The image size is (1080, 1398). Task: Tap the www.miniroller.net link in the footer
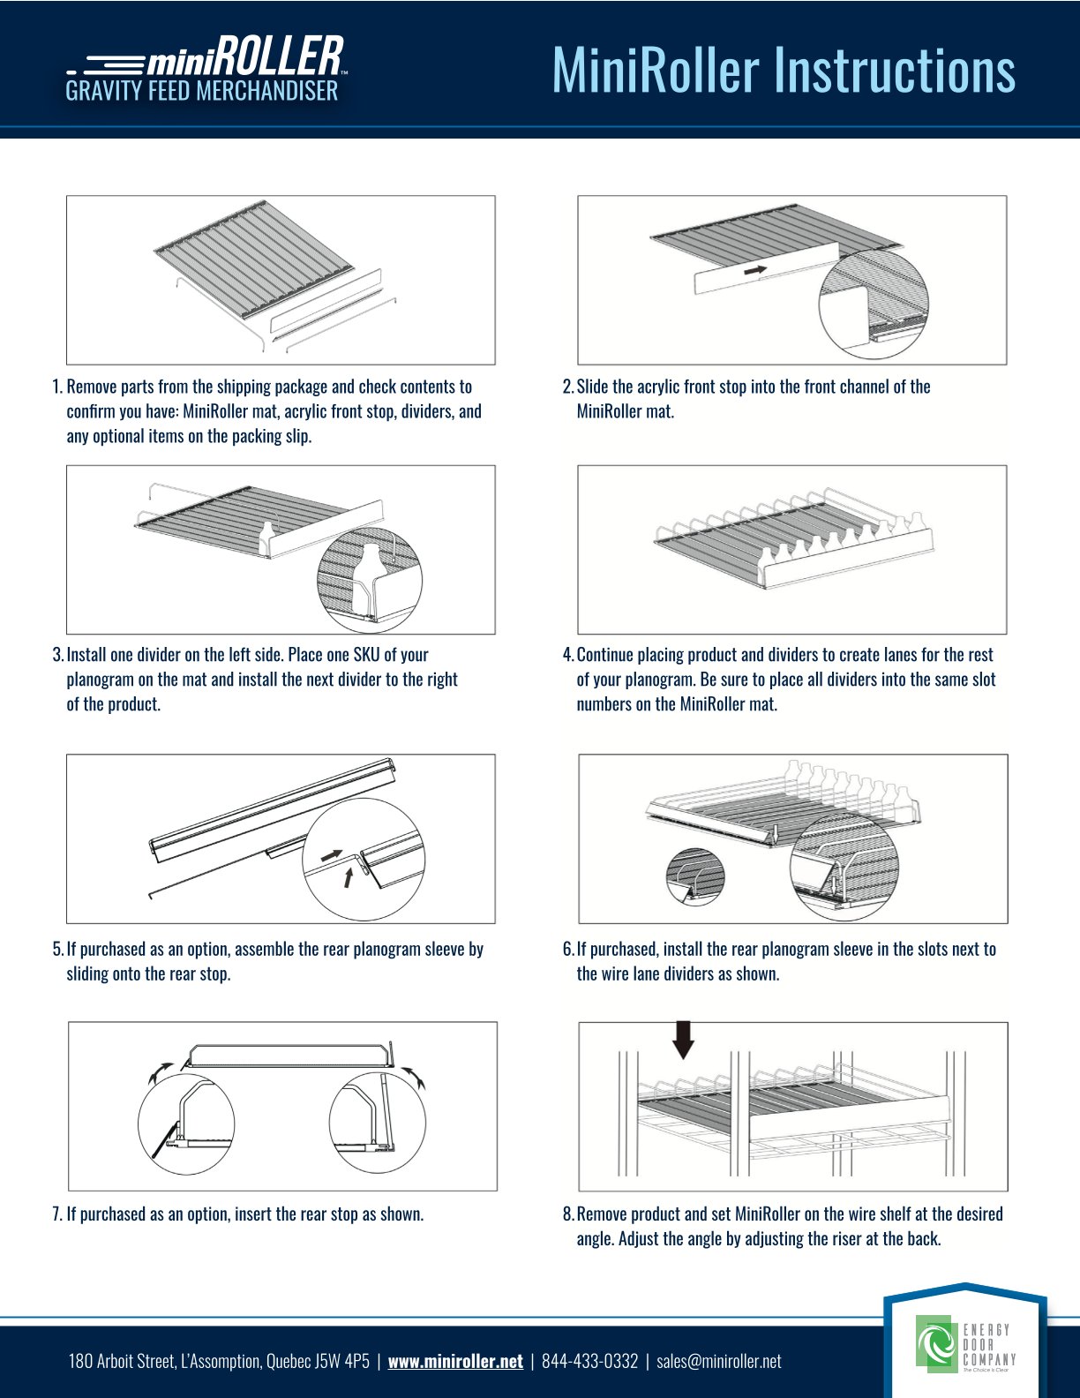point(455,1361)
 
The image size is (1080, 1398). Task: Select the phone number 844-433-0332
point(589,1361)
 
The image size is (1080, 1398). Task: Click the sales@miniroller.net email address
point(719,1361)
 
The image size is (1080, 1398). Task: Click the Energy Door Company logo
point(965,1346)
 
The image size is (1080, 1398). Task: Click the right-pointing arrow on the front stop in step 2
point(754,270)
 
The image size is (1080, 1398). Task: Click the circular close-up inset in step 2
point(874,302)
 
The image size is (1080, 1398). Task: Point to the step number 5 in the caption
point(57,950)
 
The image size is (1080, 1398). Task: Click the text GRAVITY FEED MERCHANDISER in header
point(201,91)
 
